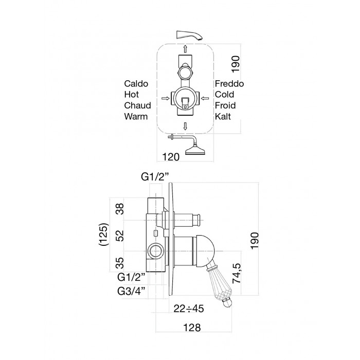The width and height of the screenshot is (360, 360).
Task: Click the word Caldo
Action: click(x=136, y=83)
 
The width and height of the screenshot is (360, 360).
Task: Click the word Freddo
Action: click(x=229, y=83)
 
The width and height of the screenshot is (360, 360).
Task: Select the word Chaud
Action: click(x=137, y=105)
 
